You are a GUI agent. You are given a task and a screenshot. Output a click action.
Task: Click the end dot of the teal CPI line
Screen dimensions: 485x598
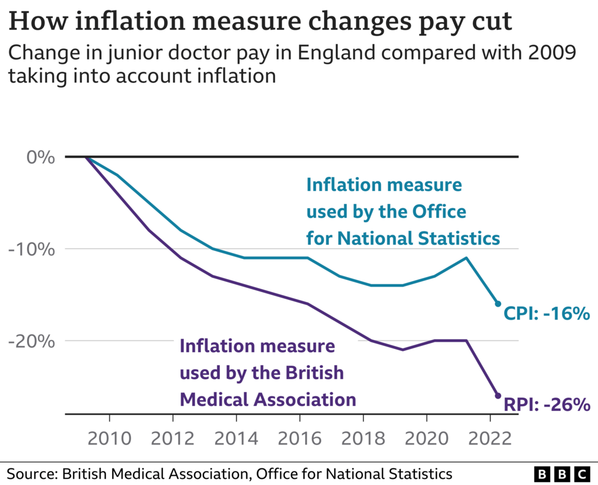point(498,304)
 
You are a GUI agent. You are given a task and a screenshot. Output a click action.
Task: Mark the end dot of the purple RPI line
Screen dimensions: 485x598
point(498,396)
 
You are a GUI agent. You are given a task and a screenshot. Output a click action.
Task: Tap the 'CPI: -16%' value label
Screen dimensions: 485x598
point(547,314)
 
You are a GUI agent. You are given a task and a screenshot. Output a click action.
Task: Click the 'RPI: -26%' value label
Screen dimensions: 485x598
point(547,405)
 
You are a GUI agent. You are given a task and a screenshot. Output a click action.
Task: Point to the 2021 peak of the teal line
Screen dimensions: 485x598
point(466,258)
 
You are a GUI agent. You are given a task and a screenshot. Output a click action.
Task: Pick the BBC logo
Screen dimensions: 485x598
point(562,474)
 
